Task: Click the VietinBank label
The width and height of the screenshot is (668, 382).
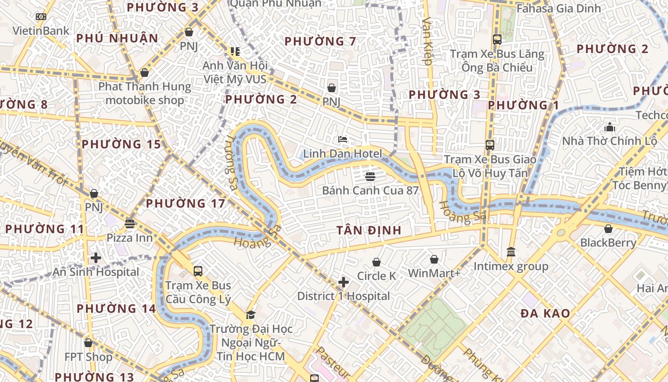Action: coord(41,31)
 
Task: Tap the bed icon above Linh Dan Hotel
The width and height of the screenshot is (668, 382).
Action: coord(343,139)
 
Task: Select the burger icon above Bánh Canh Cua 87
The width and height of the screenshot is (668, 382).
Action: coord(370,176)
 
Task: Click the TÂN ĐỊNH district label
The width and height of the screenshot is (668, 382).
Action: coord(369,230)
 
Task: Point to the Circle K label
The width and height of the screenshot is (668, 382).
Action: coord(376,276)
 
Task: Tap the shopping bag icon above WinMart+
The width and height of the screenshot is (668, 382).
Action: coord(434,259)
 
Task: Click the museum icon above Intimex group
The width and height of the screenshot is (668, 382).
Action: coord(511,251)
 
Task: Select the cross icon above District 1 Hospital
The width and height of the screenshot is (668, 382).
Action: coord(343,282)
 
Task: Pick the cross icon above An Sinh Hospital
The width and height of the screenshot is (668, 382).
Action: coord(96,258)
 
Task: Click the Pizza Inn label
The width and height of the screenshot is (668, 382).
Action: coord(129,238)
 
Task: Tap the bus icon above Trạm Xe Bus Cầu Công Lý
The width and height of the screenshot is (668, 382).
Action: coord(198,271)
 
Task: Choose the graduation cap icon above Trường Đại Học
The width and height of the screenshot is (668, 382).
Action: coord(250,315)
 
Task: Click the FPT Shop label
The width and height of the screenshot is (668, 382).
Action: coord(88,357)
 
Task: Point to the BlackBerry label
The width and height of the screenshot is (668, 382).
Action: coord(608,243)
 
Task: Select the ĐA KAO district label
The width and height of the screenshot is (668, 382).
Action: coord(545,313)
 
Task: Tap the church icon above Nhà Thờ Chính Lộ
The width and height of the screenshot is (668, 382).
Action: coord(610,127)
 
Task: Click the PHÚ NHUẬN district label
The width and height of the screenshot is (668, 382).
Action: coord(117,38)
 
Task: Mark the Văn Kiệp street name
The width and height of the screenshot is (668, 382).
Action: coord(427,41)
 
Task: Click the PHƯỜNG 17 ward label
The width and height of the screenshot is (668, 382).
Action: coord(185,203)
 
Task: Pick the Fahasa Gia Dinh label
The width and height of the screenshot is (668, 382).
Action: coord(552,8)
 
